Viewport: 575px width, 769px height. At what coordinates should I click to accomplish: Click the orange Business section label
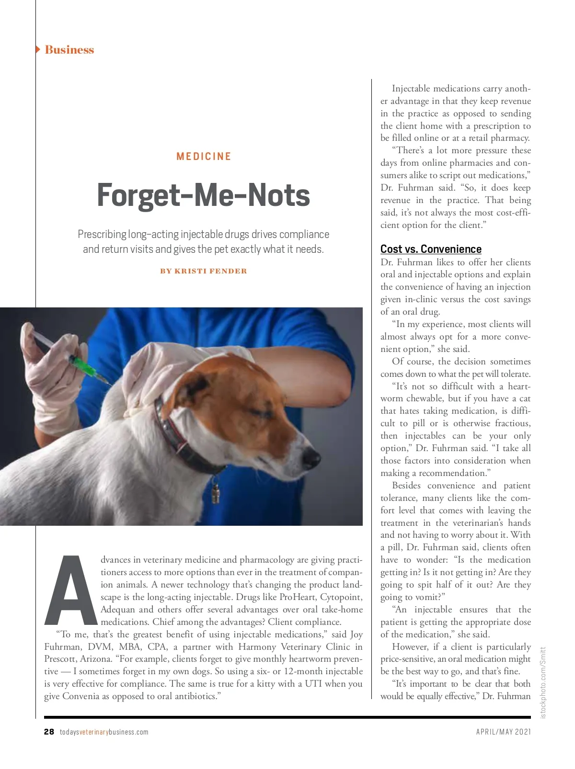click(x=69, y=50)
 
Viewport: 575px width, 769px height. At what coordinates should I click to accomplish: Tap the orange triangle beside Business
click(x=38, y=49)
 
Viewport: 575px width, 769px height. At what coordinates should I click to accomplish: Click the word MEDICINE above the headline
click(x=204, y=157)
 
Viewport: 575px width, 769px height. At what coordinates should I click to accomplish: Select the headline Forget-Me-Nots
click(x=203, y=195)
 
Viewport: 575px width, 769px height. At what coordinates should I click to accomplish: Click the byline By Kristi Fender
click(x=204, y=271)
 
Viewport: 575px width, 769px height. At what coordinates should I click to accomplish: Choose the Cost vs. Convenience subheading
click(x=431, y=249)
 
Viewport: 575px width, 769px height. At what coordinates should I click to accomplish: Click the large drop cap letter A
click(x=71, y=590)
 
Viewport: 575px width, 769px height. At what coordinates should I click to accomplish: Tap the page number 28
click(x=49, y=732)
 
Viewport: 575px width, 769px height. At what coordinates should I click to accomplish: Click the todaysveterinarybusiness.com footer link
click(x=104, y=732)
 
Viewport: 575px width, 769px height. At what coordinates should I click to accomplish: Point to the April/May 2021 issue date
click(x=503, y=732)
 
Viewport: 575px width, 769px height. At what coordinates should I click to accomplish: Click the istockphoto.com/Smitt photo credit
click(x=543, y=682)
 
